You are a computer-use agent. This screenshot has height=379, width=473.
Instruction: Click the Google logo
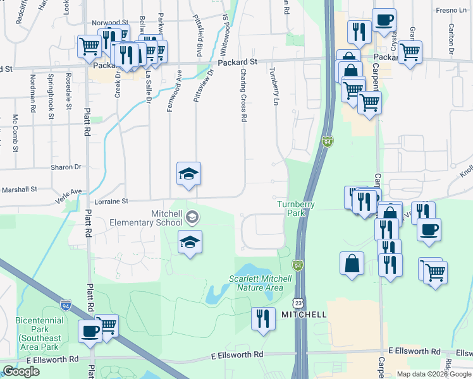click(21, 371)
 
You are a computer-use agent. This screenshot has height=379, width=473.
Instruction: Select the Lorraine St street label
click(111, 202)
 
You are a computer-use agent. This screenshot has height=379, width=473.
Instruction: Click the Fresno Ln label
click(451, 11)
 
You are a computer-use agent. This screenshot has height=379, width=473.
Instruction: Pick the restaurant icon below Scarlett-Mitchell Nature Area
click(262, 319)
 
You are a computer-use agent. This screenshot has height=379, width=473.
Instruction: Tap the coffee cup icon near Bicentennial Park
click(90, 331)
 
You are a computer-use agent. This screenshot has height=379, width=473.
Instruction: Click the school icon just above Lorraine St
click(188, 174)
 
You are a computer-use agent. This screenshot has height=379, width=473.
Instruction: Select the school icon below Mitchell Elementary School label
click(190, 243)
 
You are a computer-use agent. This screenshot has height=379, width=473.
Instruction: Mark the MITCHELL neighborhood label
click(304, 315)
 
